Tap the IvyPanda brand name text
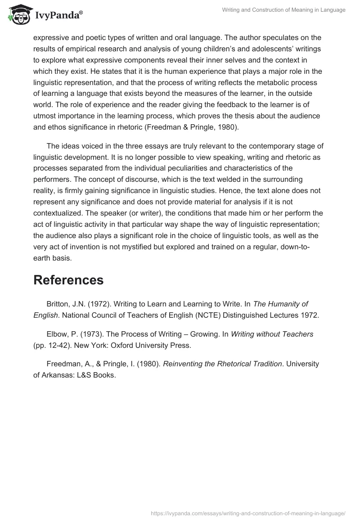pos(56,16)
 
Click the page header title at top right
pos(284,10)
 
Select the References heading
pos(68,280)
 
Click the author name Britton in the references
pos(58,304)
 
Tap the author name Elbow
pos(57,334)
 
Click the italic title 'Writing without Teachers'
pos(272,334)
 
